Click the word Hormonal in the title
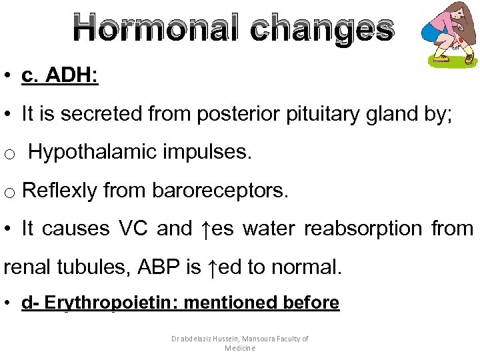[x=155, y=28]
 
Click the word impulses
[x=209, y=153]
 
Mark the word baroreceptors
[x=220, y=191]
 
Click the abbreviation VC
[x=133, y=229]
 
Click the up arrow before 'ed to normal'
[x=212, y=267]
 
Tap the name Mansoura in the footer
[x=250, y=339]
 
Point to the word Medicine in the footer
[x=240, y=348]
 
